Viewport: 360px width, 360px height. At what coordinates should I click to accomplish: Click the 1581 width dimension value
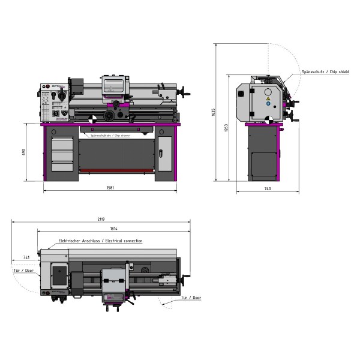click(x=111, y=188)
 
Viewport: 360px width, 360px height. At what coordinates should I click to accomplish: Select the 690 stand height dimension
click(x=25, y=152)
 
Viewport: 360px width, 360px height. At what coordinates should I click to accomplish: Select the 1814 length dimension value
click(x=113, y=229)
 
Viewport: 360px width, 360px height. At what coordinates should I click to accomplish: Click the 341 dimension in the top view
click(x=26, y=257)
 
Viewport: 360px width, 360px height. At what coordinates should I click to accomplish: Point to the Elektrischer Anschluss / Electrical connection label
click(x=100, y=241)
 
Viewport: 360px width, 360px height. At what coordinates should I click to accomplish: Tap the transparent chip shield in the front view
click(x=114, y=85)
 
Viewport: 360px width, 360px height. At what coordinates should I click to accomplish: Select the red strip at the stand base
click(x=117, y=171)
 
